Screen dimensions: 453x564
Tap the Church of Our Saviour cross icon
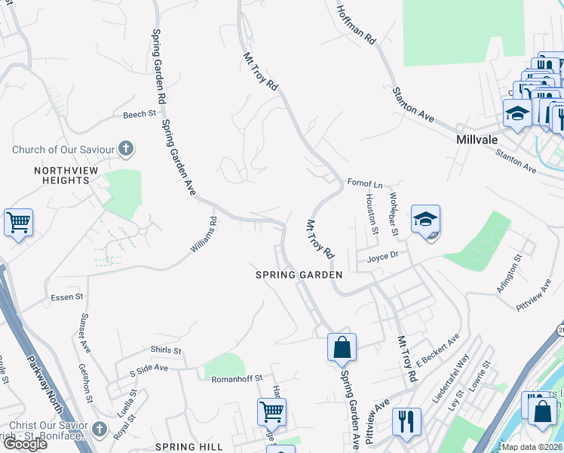pos(126,149)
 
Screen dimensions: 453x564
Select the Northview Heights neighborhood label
pos(61,175)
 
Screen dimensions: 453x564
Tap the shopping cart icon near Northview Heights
pos(18,223)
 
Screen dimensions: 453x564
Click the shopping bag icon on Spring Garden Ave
pos(342,348)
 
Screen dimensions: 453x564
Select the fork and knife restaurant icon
pos(406,421)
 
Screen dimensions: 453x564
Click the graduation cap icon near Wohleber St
pos(426,220)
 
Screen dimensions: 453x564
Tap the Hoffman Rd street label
pos(356,23)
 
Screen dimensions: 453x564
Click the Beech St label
pos(139,114)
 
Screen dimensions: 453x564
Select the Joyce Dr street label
pos(382,257)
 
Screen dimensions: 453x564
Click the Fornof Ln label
pos(365,183)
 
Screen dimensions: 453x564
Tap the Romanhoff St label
pos(236,377)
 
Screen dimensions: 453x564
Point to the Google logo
pos(25,444)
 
